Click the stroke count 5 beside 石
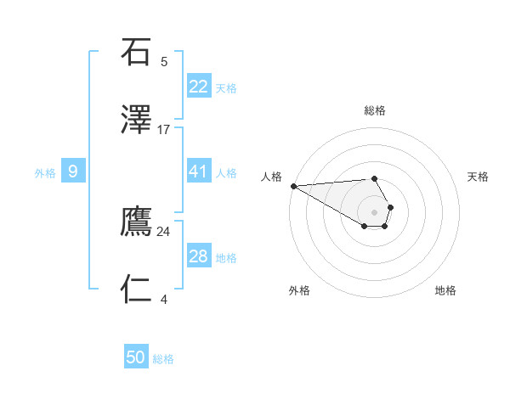pos(164,61)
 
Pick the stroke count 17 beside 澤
pos(164,130)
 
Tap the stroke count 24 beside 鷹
pos(164,231)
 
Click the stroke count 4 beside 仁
pos(164,299)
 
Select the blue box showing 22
pos(198,86)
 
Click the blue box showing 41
pos(198,171)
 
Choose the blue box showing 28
pos(198,256)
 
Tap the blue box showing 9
pos(73,171)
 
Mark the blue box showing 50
pos(136,357)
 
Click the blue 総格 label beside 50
pos(163,359)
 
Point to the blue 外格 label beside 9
pos(45,173)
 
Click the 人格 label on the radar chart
pos(271,177)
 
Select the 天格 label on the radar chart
pos(479,177)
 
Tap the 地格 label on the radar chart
pos(445,290)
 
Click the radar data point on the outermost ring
pos(292,186)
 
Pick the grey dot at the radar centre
pos(374,211)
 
